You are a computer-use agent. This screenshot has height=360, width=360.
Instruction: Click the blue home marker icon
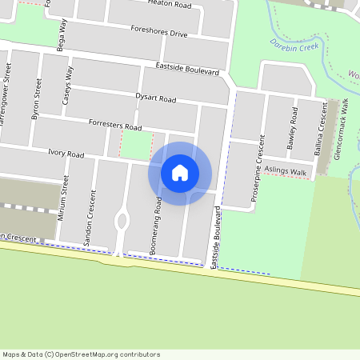pyautogui.click(x=180, y=173)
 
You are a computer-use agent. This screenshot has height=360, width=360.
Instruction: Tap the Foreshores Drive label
pyautogui.click(x=158, y=32)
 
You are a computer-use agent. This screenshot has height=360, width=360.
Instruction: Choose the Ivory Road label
pyautogui.click(x=66, y=153)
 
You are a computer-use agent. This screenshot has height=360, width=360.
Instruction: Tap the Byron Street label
pyautogui.click(x=36, y=100)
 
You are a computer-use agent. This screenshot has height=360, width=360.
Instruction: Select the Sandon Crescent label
pyautogui.click(x=94, y=217)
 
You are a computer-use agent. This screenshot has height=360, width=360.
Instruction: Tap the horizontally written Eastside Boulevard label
pyautogui.click(x=187, y=69)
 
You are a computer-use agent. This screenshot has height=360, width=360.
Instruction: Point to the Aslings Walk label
pyautogui.click(x=286, y=172)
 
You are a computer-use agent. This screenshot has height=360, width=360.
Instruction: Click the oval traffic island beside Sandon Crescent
pyautogui.click(x=122, y=218)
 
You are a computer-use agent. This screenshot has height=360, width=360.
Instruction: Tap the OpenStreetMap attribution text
pyautogui.click(x=81, y=354)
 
